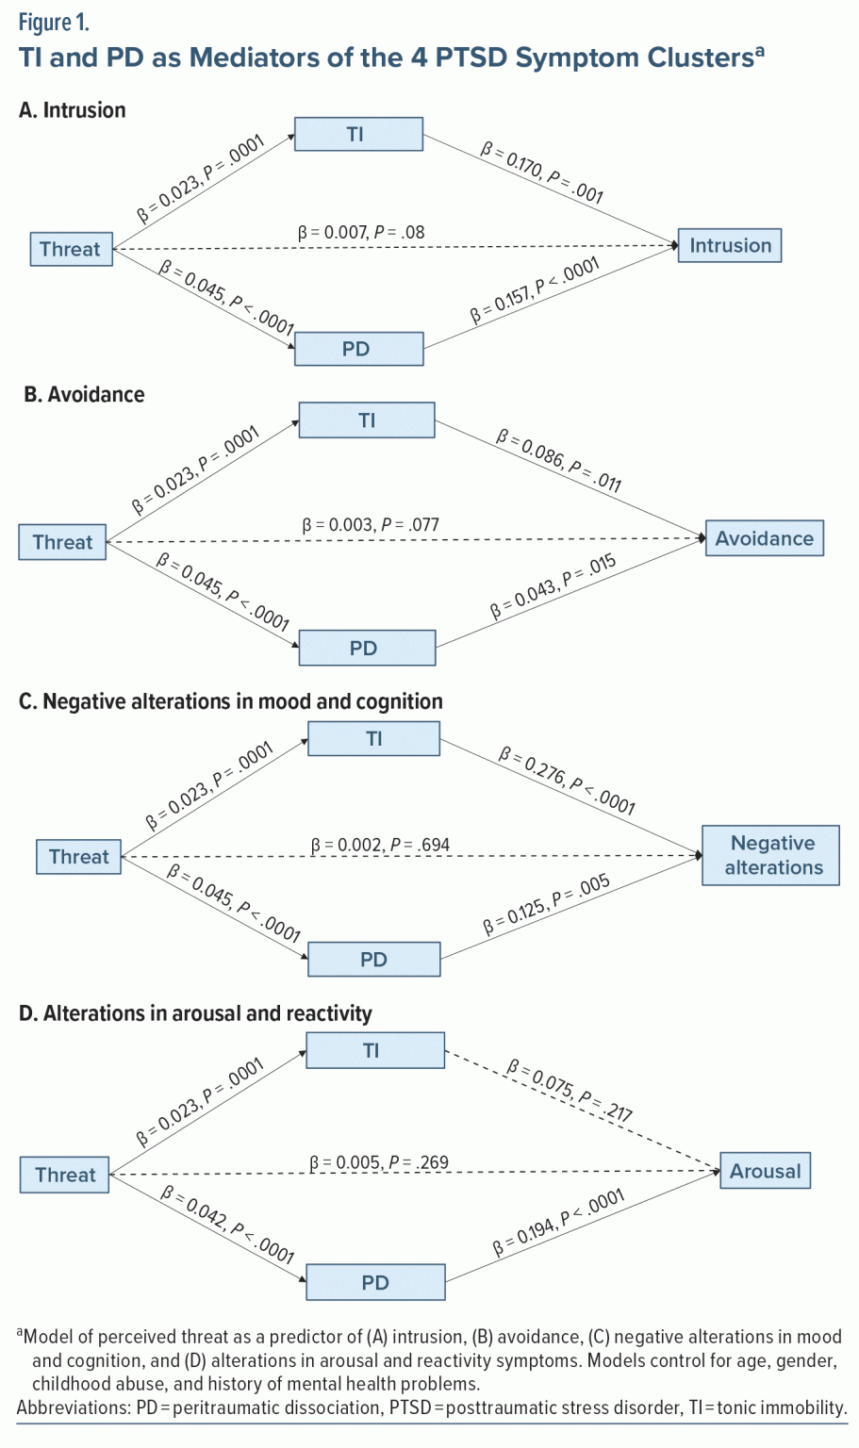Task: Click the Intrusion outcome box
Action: pos(730,246)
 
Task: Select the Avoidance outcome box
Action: pos(764,538)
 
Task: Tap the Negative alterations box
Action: pos(770,855)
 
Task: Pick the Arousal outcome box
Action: pos(765,1171)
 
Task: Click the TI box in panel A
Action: pos(358,134)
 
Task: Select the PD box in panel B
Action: pos(367,649)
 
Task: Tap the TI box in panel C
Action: pos(373,738)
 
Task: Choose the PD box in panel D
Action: pos(375,1282)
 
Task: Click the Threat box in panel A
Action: pos(71,249)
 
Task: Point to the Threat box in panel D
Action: pos(65,1175)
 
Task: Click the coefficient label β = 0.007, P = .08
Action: pos(361,232)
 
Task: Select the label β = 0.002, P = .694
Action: pos(380,845)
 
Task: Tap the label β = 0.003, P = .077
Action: pos(370,524)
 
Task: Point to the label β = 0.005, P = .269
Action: pos(379,1162)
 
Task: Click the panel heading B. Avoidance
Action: pos(84,394)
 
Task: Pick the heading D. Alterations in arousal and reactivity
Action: pos(195,1013)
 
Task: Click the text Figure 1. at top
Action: pos(54,23)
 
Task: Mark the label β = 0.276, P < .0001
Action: pos(567,780)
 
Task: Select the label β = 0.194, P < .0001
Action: pos(558,1223)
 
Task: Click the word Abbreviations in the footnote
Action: pos(72,1407)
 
